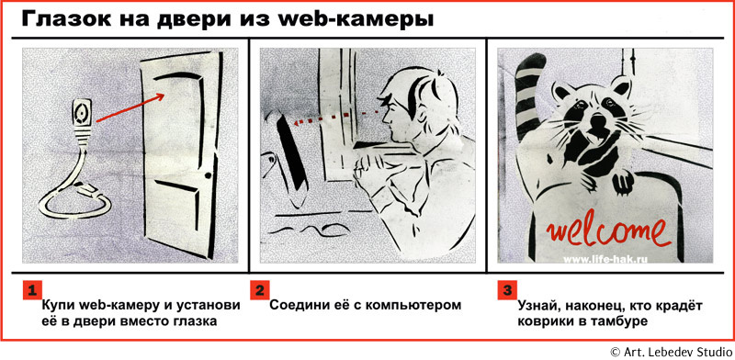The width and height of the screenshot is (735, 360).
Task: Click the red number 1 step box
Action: [33, 289]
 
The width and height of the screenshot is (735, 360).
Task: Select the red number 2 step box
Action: [259, 289]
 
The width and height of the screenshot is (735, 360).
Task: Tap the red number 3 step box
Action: [507, 289]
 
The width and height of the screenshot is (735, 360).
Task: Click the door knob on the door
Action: [209, 175]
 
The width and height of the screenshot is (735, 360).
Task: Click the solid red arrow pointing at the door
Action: [130, 107]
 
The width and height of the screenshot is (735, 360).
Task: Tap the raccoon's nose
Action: [597, 122]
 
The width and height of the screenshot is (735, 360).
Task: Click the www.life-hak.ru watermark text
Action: [605, 259]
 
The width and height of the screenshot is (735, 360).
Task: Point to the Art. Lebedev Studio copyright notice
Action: [672, 351]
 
